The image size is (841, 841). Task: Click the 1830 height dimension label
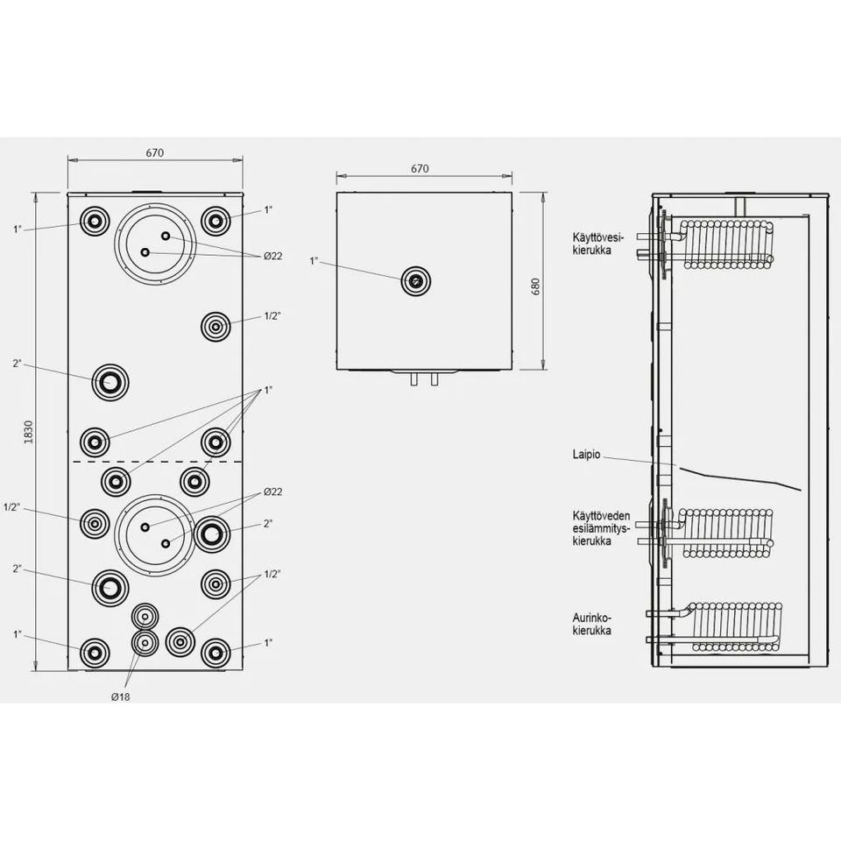pyautogui.click(x=28, y=432)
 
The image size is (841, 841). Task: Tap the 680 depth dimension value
pyautogui.click(x=535, y=287)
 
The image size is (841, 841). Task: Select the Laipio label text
pyautogui.click(x=586, y=456)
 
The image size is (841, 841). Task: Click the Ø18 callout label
pyautogui.click(x=121, y=696)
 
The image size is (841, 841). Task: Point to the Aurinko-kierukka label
pyautogui.click(x=591, y=625)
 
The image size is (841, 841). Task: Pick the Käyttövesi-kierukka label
pyautogui.click(x=597, y=244)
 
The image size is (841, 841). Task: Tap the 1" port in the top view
pyautogui.click(x=416, y=281)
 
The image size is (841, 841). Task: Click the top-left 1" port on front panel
pyautogui.click(x=95, y=221)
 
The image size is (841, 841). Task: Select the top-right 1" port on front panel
pyautogui.click(x=216, y=221)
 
